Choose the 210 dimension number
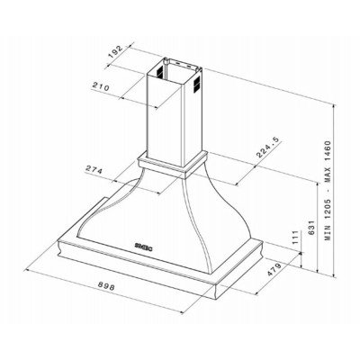[101, 87]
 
